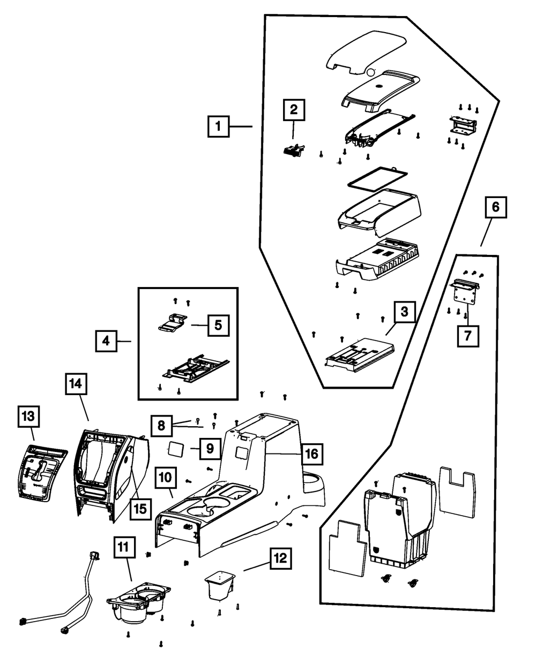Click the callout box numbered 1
218,127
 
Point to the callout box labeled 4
107,341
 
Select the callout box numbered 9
210,448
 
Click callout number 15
139,508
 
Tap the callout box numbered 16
312,454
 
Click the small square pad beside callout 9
176,448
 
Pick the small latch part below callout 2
292,152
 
